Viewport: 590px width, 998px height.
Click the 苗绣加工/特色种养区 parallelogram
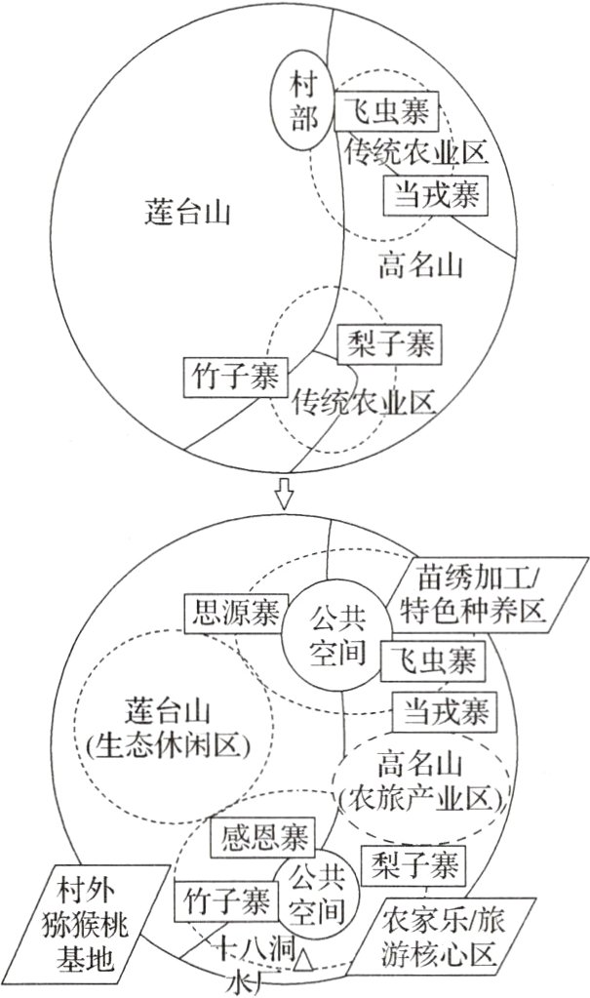469,596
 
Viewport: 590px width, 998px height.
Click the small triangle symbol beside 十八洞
305,959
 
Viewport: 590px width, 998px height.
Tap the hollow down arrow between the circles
285,494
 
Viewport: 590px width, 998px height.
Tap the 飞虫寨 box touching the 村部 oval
387,114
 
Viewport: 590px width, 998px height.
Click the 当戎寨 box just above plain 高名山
435,195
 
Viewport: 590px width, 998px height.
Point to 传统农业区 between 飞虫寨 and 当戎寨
415,154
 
